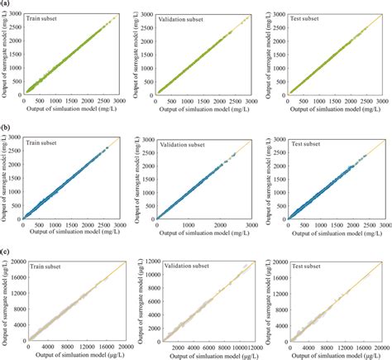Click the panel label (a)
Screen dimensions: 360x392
pyautogui.click(x=7, y=4)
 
